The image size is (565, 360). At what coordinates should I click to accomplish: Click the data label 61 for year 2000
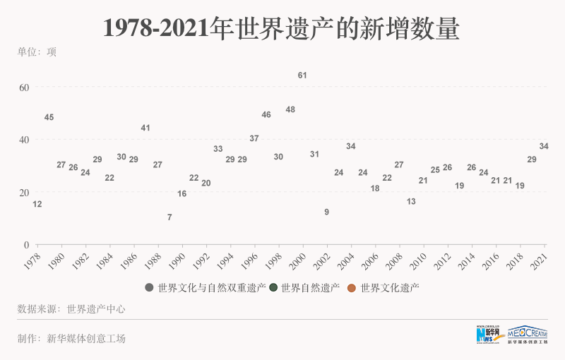[302, 75]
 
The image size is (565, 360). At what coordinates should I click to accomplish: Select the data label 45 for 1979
[49, 117]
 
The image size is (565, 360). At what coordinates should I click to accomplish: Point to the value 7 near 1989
[169, 217]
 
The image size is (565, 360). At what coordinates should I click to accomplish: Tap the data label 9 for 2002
[326, 212]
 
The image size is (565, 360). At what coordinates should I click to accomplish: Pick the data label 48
[290, 109]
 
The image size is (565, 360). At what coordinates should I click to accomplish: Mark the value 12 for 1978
[37, 204]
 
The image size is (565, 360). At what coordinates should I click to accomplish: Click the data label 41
[145, 128]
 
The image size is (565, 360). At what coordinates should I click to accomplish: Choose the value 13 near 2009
[411, 201]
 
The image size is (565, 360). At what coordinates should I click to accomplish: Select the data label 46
[266, 114]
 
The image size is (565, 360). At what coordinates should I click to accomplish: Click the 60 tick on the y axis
[24, 87]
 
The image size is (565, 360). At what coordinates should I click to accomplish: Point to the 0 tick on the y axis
[26, 245]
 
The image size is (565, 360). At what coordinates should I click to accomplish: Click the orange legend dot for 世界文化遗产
[351, 287]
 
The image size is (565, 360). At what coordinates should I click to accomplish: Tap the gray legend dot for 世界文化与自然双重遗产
[149, 287]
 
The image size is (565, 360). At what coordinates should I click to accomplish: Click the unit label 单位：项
[37, 51]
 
